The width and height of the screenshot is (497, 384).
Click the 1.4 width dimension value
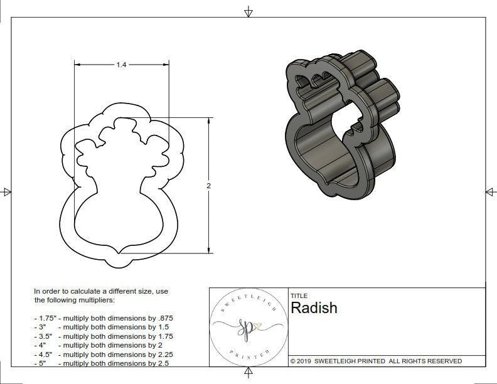(x=120, y=65)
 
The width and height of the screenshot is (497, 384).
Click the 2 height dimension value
(x=208, y=186)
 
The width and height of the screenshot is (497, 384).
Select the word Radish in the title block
(x=314, y=308)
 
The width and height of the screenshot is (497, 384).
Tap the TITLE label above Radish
(x=299, y=296)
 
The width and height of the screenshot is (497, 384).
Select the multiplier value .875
(x=164, y=318)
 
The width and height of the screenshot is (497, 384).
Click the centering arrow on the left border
(x=7, y=192)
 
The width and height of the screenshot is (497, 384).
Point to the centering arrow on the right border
(x=490, y=192)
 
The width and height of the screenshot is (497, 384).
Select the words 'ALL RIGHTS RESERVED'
(x=425, y=361)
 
